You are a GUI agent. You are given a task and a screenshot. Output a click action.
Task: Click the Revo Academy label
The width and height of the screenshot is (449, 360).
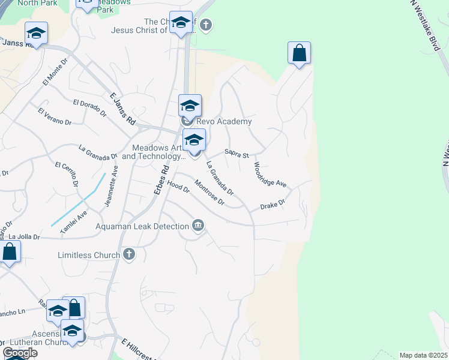point(225,121)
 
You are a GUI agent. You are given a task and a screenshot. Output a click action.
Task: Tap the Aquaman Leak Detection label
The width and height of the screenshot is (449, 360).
point(142,226)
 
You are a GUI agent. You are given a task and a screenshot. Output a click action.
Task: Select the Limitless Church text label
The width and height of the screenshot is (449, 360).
point(88,255)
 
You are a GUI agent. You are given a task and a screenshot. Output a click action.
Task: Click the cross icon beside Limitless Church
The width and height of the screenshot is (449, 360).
point(128,255)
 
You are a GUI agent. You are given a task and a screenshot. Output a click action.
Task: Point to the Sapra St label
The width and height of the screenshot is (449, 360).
point(237,154)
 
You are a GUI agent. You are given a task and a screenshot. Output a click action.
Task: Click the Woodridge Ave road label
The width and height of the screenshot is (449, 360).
point(270,175)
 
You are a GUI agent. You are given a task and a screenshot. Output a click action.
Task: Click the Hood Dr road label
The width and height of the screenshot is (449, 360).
point(178,187)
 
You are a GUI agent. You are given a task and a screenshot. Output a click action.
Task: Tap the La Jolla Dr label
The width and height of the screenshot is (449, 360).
point(24,237)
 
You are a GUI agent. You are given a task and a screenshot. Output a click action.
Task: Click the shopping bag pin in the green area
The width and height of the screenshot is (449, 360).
point(299,53)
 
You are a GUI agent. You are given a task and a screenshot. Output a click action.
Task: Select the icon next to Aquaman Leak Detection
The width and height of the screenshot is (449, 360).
point(198,226)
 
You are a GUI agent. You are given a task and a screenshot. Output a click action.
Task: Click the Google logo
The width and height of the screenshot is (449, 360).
point(20,352)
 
